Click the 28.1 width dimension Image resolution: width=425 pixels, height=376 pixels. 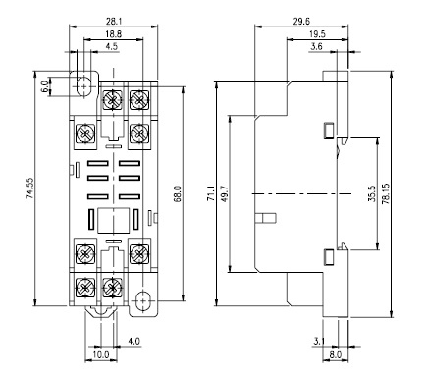[x=114, y=22]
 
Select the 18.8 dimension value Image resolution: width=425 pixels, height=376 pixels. [x=114, y=34]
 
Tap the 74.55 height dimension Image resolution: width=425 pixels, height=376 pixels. [x=29, y=188]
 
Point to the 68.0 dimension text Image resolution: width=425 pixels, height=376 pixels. [x=178, y=193]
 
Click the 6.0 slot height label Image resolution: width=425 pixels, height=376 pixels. [x=45, y=86]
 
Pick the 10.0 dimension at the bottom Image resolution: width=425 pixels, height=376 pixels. [x=101, y=355]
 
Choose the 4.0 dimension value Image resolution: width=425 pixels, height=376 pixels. [x=133, y=342]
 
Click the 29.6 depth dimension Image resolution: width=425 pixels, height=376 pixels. [x=301, y=22]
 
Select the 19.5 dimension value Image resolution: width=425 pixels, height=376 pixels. [x=317, y=34]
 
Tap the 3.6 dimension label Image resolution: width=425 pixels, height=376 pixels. [x=316, y=47]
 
